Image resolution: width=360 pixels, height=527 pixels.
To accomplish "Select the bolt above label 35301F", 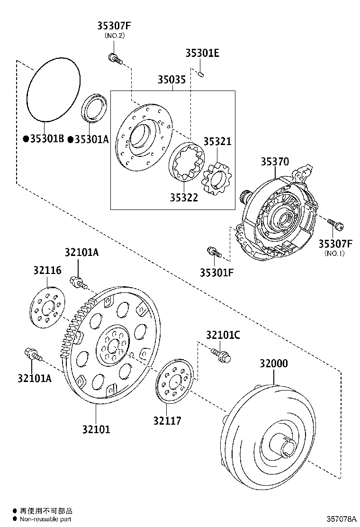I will (213, 252).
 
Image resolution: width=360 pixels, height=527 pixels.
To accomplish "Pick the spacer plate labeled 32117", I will (176, 382).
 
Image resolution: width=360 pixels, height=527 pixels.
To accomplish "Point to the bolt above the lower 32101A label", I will (31, 355).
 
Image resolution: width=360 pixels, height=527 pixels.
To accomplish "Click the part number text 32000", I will (273, 363).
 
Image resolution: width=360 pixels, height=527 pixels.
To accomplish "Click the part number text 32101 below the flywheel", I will (96, 429).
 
